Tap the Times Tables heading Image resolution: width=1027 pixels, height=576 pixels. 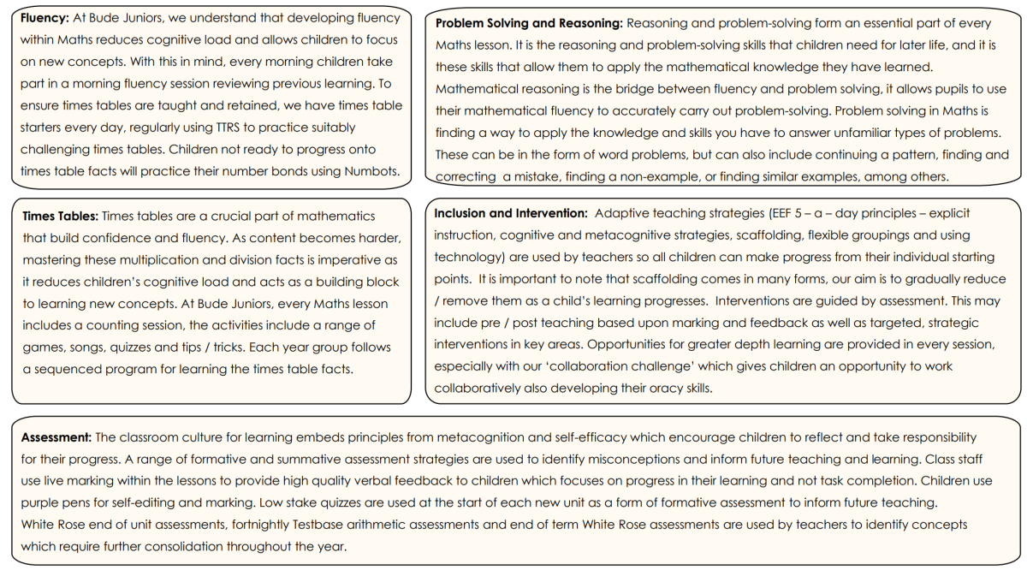click(60, 217)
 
